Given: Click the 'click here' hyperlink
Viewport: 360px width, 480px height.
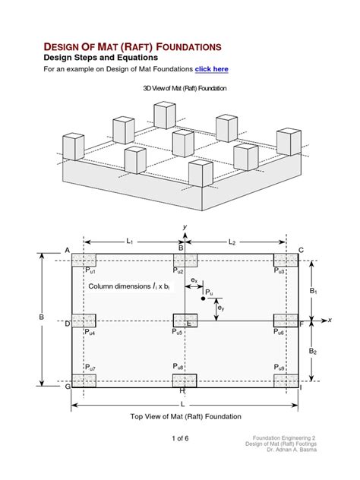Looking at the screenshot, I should tap(211, 69).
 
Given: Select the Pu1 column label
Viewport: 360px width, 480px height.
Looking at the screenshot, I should tap(90, 270).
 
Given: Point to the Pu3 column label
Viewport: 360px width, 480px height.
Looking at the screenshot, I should tap(279, 270).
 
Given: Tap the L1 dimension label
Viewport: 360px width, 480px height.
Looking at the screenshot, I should tap(130, 242).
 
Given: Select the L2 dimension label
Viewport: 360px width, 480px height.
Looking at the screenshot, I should tap(232, 242).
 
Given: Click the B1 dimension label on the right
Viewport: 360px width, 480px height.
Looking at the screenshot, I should tap(313, 290).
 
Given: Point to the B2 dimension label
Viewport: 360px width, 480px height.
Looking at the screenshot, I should tap(313, 351).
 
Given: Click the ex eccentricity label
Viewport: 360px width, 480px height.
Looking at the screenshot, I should tap(194, 280).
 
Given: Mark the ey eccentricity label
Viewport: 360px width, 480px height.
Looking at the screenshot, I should tap(220, 308).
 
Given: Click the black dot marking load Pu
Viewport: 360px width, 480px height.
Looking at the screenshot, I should tap(203, 298).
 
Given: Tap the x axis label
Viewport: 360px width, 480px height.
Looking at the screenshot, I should tap(330, 321).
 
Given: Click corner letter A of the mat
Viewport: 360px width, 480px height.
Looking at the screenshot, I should tap(67, 251).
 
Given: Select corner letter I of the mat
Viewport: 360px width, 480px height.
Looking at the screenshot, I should tap(301, 387).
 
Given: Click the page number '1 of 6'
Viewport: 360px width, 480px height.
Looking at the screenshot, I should tap(180, 438).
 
